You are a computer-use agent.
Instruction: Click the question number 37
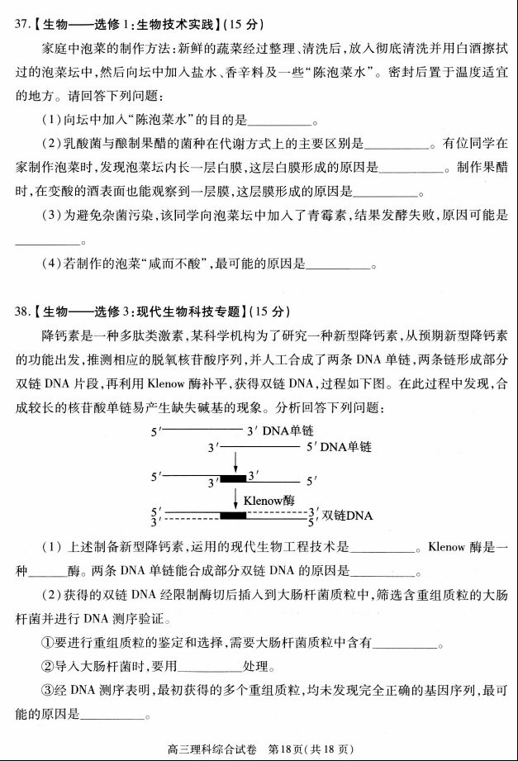pos(22,19)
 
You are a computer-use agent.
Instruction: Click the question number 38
pos(22,311)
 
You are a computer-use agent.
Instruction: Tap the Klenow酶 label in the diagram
pos(268,500)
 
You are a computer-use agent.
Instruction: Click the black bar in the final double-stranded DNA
pos(233,516)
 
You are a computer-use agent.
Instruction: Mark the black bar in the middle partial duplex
pos(233,478)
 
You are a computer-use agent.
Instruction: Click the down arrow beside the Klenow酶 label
pos(236,499)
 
